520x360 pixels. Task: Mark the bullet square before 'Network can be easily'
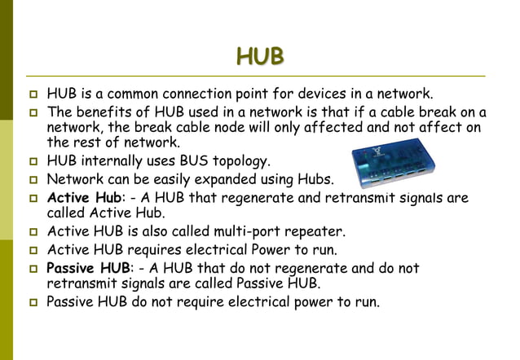pos(33,179)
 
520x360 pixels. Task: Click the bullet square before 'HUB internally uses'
pos(33,161)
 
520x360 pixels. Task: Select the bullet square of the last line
pos(33,303)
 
